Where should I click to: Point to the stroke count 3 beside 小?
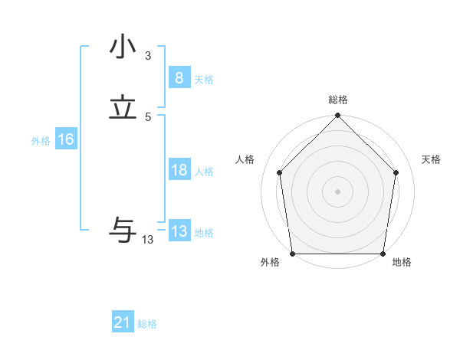148,55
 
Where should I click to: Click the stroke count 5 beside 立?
148,116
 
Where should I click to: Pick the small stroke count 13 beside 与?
148,240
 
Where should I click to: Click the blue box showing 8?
179,77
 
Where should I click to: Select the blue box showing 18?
179,170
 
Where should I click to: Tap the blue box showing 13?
179,231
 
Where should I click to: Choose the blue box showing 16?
65,139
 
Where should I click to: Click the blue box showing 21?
123,322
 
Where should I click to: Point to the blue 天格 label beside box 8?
204,79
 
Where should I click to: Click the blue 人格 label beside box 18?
204,172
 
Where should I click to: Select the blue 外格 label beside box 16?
41,141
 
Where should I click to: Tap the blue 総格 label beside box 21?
147,324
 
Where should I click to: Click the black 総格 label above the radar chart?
338,100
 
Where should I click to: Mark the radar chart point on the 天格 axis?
396,172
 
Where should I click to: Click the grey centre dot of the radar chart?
338,191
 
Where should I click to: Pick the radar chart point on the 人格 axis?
280,172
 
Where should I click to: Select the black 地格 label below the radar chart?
402,263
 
